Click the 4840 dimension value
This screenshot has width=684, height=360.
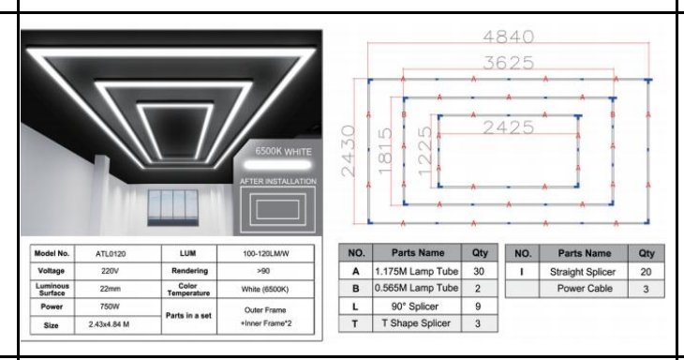point(508,37)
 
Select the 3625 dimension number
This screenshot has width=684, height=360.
point(508,63)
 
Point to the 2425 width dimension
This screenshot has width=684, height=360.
point(508,127)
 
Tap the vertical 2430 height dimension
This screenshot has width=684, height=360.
point(349,151)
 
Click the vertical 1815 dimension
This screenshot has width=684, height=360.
point(385,151)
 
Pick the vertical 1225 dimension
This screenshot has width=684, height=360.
point(424,151)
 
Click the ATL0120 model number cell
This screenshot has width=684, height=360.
point(111,254)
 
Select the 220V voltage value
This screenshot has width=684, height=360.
point(110,271)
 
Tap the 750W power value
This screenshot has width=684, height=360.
point(110,307)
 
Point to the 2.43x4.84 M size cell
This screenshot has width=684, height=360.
point(109,324)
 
